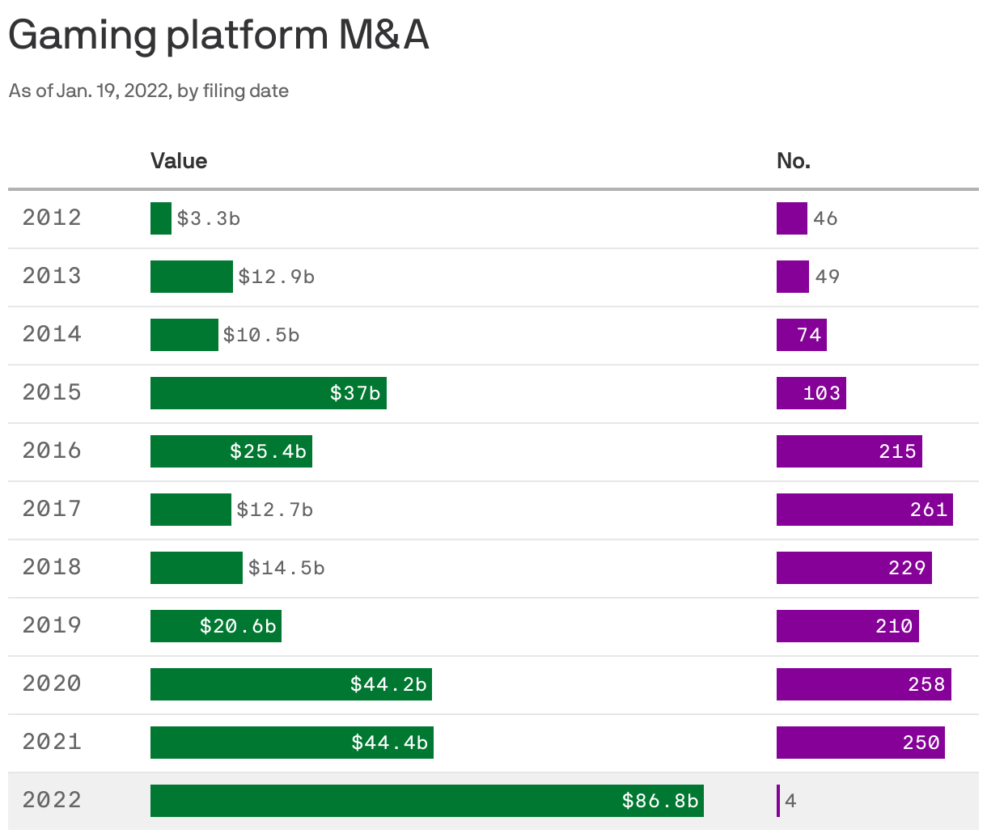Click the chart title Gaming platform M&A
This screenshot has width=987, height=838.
click(218, 35)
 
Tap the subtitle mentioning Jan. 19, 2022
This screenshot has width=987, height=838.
click(149, 91)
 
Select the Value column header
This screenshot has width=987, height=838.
click(179, 161)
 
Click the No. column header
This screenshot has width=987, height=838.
click(793, 161)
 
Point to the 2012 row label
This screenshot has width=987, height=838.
click(52, 218)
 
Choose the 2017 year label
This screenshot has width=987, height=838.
click(52, 509)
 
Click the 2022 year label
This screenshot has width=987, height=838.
click(52, 800)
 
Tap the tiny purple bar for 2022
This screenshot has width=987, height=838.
click(778, 801)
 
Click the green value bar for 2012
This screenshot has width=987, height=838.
click(161, 218)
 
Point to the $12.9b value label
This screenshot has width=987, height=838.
click(276, 277)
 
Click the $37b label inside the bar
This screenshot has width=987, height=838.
click(354, 393)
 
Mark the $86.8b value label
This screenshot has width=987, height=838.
click(659, 801)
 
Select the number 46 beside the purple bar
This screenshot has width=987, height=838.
click(825, 218)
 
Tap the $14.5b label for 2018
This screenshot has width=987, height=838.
click(286, 568)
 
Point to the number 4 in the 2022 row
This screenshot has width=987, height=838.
click(790, 801)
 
